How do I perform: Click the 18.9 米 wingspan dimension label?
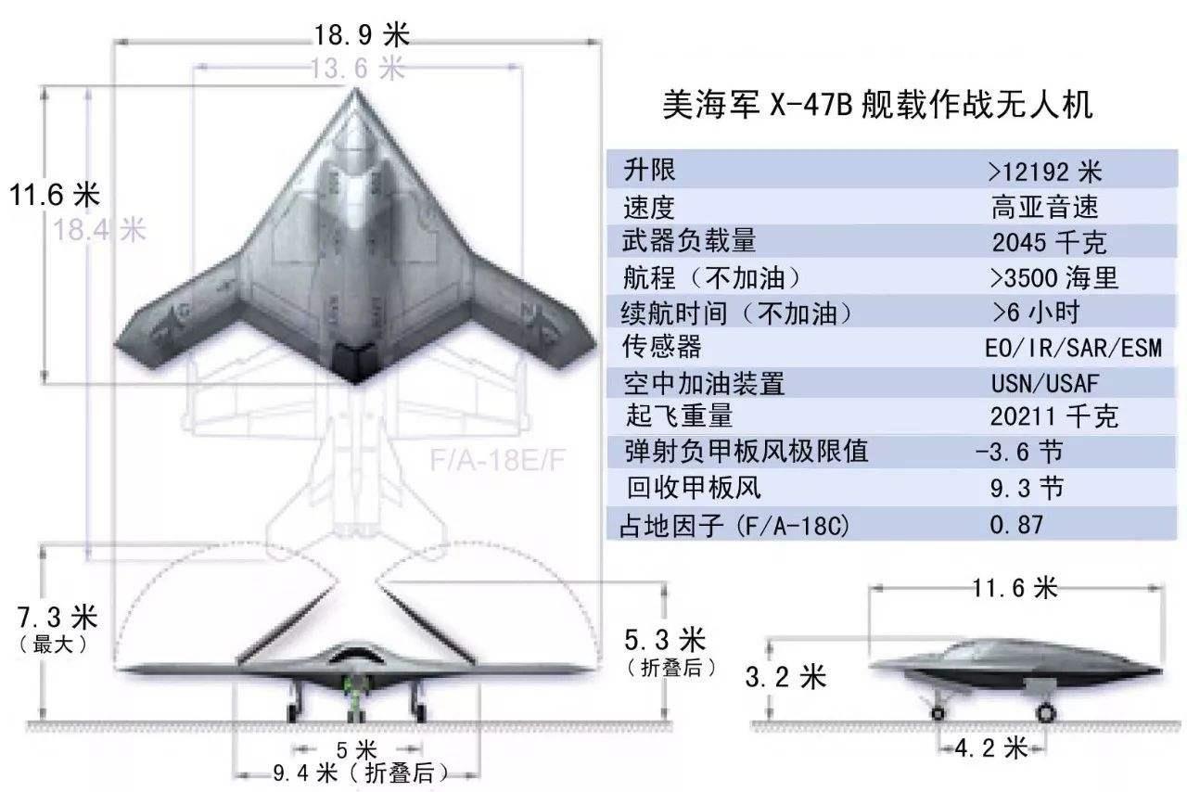pyautogui.click(x=361, y=36)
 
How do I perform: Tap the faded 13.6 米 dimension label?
pyautogui.click(x=358, y=68)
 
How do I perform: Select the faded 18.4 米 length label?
pyautogui.click(x=100, y=229)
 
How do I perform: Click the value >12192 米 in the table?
pyautogui.click(x=1044, y=172)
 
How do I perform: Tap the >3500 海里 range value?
pyautogui.click(x=1053, y=277)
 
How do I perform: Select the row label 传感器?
pyautogui.click(x=661, y=347)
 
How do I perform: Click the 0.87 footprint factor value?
pyautogui.click(x=1016, y=524)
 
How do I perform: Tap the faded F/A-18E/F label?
pyautogui.click(x=497, y=460)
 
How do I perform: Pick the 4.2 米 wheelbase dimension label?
pyautogui.click(x=991, y=747)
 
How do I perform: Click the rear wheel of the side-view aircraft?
pyautogui.click(x=1045, y=713)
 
